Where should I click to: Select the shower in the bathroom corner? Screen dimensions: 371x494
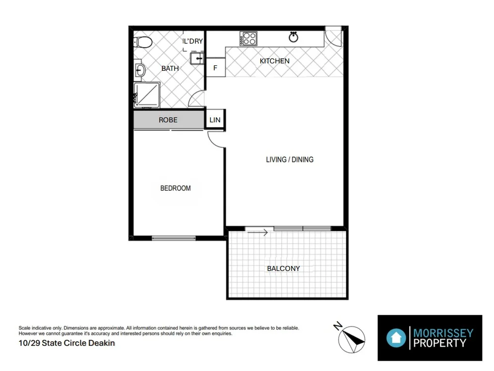(x=147, y=95)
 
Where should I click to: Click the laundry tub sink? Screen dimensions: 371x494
(x=197, y=59)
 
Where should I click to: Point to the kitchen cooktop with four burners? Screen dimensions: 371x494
(x=248, y=38)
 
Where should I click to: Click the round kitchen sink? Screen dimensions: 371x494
(x=293, y=37)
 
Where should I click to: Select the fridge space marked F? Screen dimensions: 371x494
(x=215, y=68)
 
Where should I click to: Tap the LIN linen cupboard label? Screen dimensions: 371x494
(x=215, y=120)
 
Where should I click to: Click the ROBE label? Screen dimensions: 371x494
(x=168, y=120)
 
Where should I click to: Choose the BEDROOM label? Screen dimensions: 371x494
(x=175, y=188)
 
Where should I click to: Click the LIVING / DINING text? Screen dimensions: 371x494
(x=290, y=159)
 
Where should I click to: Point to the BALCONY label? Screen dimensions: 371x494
(x=283, y=268)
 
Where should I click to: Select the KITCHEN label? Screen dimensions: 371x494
(x=275, y=61)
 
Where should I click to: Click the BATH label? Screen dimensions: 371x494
(x=170, y=68)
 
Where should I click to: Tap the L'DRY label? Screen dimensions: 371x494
(x=193, y=41)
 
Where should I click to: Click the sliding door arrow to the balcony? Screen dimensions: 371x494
(x=259, y=232)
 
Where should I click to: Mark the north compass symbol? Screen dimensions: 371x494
(x=351, y=338)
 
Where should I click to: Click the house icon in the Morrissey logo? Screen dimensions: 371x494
(x=396, y=338)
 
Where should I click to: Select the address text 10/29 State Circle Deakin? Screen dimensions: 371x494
(x=66, y=343)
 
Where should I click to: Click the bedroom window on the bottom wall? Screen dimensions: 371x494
(x=174, y=238)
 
